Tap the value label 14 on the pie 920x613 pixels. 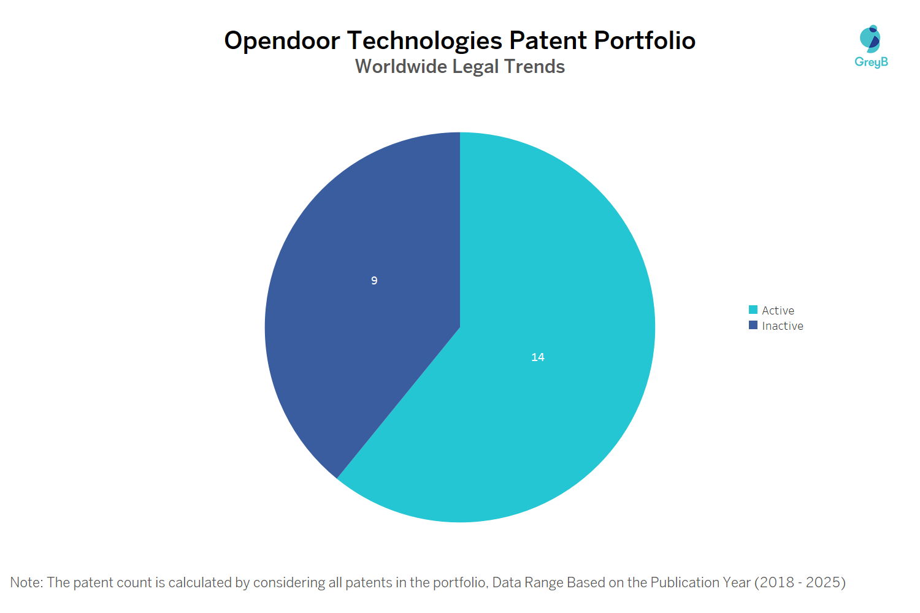[x=538, y=357]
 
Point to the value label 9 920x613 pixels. [x=374, y=281]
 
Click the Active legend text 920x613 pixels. [x=778, y=311]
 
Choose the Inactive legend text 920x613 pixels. [x=782, y=326]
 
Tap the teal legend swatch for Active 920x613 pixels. [x=753, y=310]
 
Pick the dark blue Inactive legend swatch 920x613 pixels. [x=753, y=326]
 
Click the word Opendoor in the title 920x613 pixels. [x=282, y=40]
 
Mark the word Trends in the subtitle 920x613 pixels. [x=534, y=66]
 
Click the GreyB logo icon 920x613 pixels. [x=870, y=39]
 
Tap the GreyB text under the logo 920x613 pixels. [x=871, y=62]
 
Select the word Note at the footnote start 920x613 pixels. [x=25, y=582]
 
